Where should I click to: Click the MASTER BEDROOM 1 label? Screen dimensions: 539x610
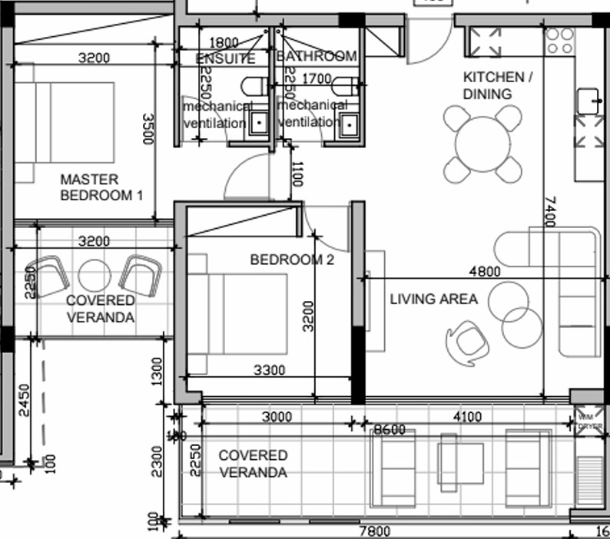point(101,187)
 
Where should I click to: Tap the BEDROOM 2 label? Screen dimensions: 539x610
point(292,260)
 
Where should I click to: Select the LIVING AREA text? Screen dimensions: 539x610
point(433,299)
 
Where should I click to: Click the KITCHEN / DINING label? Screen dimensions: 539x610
point(497,86)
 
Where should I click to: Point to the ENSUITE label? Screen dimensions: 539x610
point(225,58)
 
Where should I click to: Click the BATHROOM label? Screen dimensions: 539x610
point(317,56)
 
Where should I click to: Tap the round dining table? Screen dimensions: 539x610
point(482,144)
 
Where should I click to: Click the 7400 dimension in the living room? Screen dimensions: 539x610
point(547,212)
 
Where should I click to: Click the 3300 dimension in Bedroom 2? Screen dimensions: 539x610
point(269,370)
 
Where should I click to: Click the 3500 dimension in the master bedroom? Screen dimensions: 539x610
point(148,128)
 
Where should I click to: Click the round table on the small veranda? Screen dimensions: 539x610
point(95,275)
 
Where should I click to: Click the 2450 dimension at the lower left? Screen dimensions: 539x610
point(25,400)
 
